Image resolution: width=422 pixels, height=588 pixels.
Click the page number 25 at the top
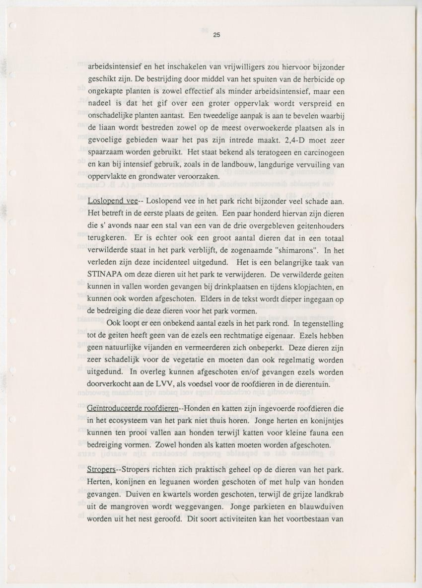tap(216, 35)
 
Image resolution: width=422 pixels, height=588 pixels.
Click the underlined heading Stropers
tap(101, 469)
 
